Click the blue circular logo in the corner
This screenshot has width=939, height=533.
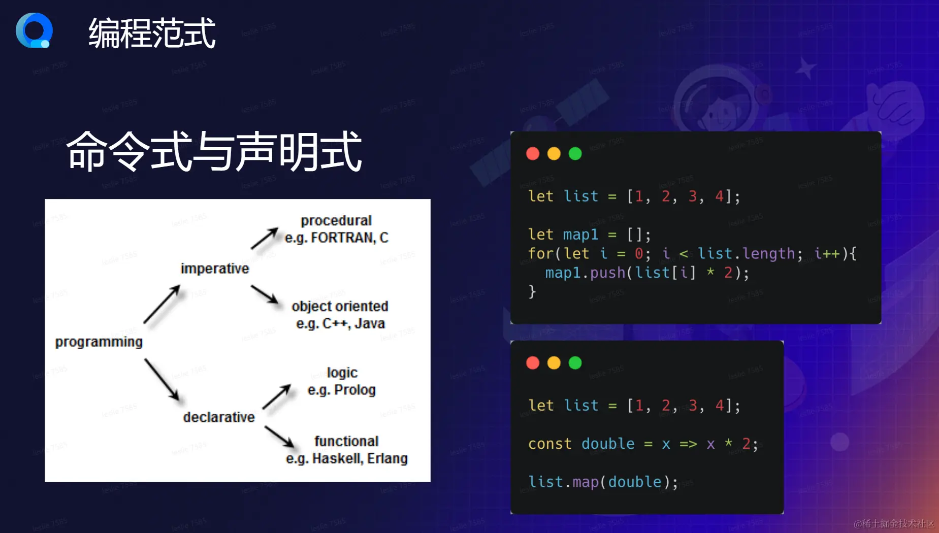tap(34, 30)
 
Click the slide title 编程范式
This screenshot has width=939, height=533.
tap(152, 34)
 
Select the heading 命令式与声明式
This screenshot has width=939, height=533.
tap(214, 151)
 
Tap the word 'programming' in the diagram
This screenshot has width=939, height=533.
tap(99, 342)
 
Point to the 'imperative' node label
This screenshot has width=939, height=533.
tap(215, 269)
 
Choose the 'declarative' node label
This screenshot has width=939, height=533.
tap(219, 417)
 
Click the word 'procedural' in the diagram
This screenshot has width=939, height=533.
tap(336, 221)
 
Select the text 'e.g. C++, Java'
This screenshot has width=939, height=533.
tap(341, 323)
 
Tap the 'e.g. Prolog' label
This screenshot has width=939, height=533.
tap(342, 390)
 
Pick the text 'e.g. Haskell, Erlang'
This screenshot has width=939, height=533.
tap(347, 458)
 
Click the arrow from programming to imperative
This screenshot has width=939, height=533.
tap(162, 304)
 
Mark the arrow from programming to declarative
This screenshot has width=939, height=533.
tap(162, 380)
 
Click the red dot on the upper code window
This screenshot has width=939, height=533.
tap(533, 154)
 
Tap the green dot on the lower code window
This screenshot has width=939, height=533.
tap(575, 363)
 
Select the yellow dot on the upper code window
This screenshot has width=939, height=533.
tap(554, 154)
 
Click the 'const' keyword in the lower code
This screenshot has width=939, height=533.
tap(549, 444)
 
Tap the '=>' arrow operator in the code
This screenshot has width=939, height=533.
tap(688, 444)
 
